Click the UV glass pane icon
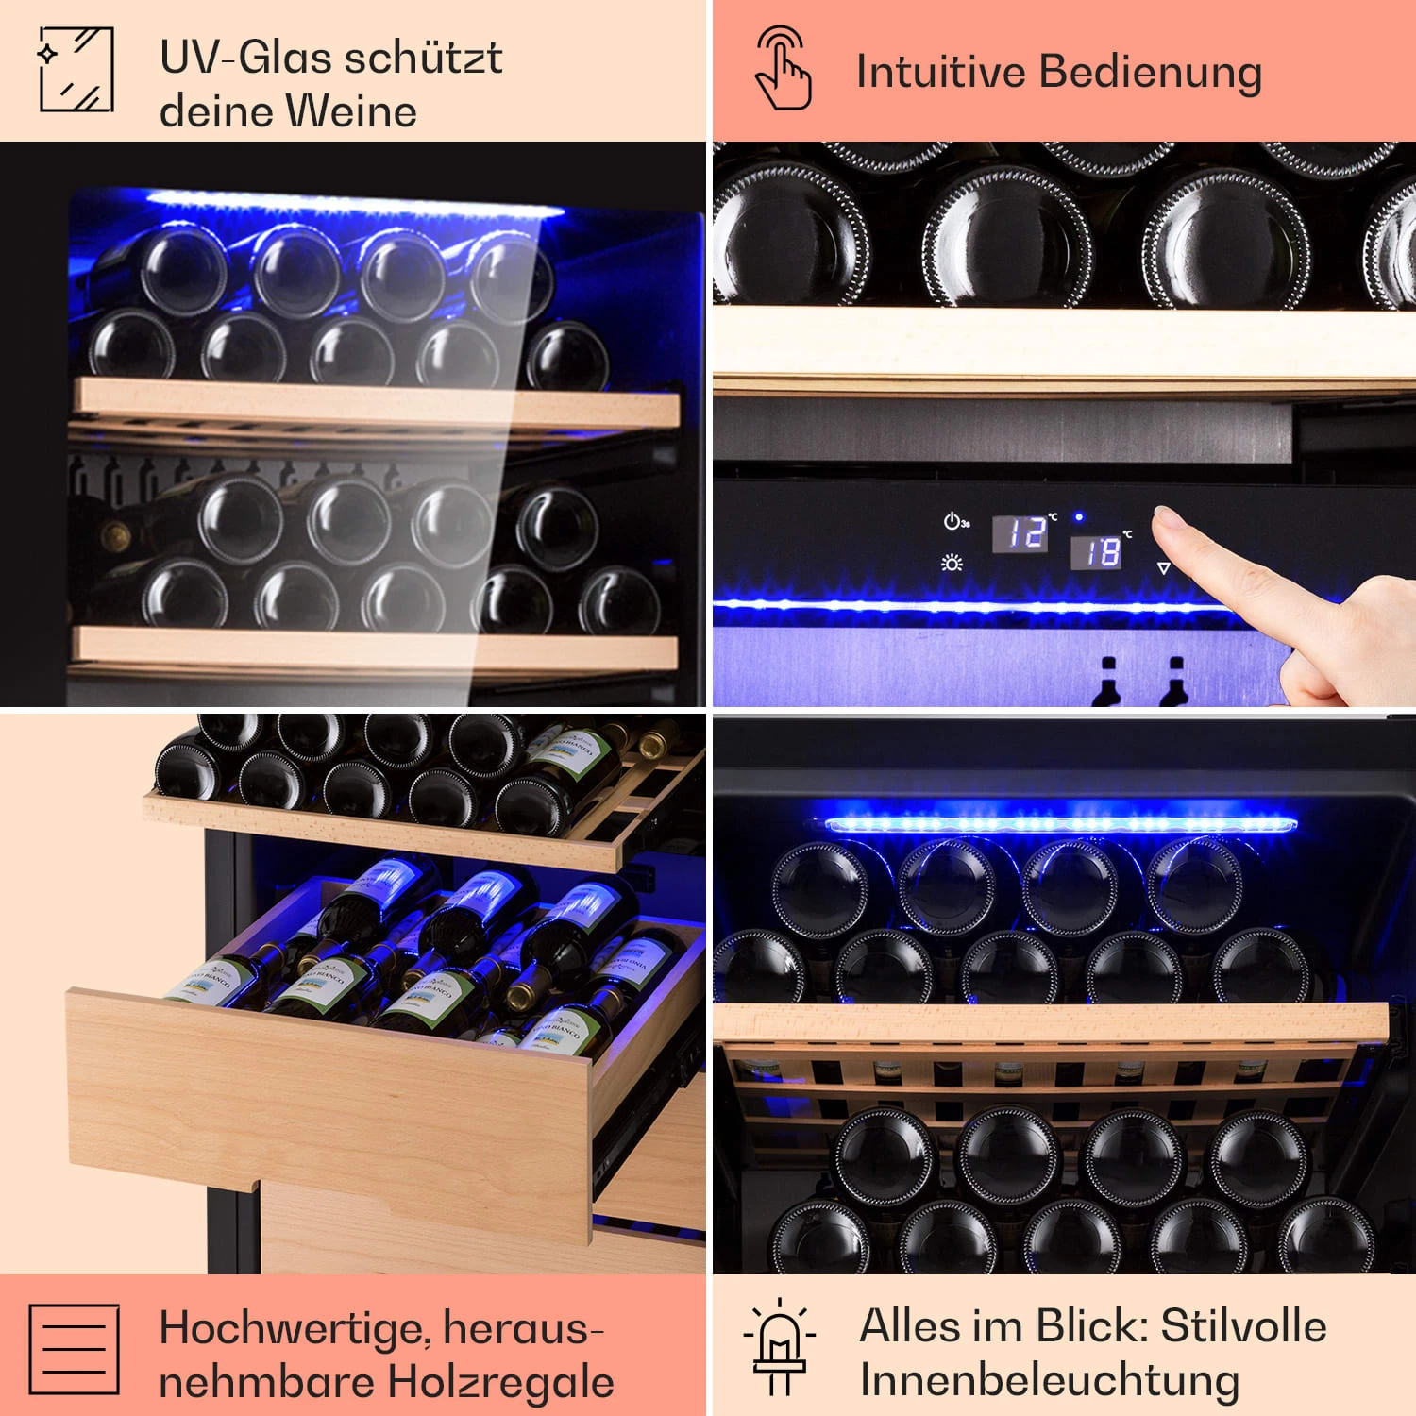click(76, 69)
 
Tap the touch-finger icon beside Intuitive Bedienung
click(783, 68)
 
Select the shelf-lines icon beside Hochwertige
click(74, 1349)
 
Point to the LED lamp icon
click(779, 1347)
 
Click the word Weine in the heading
click(352, 111)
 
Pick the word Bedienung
click(1151, 72)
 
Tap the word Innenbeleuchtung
click(1049, 1380)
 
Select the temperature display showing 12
click(1020, 533)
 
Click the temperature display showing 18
click(1096, 552)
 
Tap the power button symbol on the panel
click(953, 521)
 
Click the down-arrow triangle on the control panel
click(1163, 568)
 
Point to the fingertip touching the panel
click(1167, 518)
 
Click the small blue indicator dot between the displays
click(1079, 517)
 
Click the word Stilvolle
click(1243, 1325)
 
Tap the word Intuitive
click(940, 72)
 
